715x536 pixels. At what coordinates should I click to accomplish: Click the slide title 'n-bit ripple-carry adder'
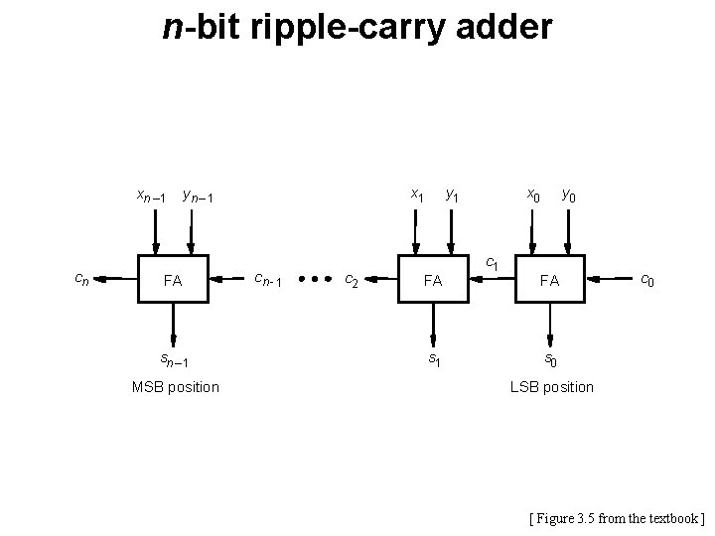(x=357, y=27)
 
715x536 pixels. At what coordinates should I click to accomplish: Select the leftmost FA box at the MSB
(x=173, y=280)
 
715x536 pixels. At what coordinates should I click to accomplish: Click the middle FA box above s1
(x=433, y=280)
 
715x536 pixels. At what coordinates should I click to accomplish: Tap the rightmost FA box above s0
(x=550, y=280)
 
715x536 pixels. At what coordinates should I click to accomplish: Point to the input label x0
(x=534, y=195)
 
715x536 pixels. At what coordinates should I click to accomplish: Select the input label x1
(x=418, y=195)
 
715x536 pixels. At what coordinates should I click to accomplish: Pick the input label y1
(x=452, y=195)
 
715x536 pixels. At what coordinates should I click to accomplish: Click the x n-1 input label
(x=151, y=196)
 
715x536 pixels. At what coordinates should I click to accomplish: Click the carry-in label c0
(x=646, y=281)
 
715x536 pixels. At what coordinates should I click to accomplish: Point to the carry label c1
(x=492, y=264)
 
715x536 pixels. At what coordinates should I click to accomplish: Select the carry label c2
(x=352, y=281)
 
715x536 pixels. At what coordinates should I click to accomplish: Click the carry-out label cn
(x=82, y=281)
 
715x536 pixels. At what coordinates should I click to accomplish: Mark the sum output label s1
(x=434, y=358)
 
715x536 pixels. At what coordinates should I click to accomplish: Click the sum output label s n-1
(x=175, y=359)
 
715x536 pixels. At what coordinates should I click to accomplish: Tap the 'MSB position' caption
(x=176, y=386)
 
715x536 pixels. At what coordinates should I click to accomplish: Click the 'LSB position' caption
(x=552, y=386)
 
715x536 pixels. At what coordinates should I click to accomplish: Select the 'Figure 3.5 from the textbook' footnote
(x=617, y=517)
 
